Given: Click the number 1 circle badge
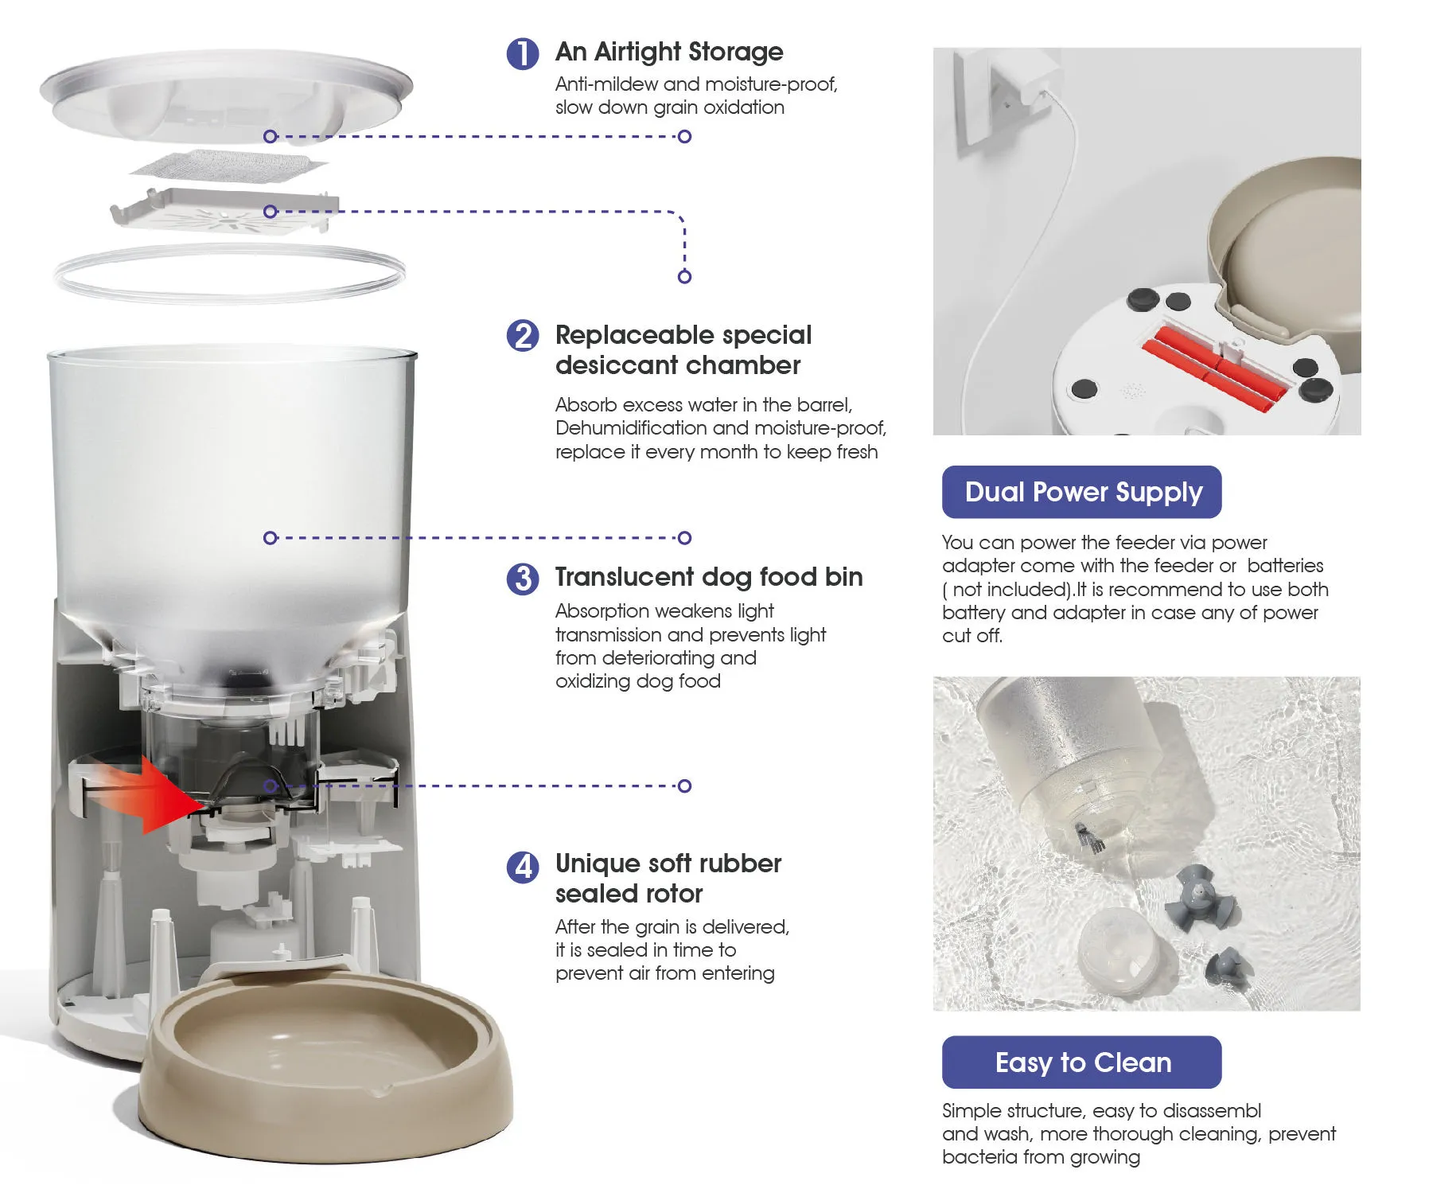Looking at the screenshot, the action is click(523, 53).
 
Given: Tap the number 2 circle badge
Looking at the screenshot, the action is click(523, 336).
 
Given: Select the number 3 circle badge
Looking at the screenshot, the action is click(523, 579).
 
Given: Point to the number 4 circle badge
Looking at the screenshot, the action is click(523, 867).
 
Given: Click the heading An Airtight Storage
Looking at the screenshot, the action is click(669, 53).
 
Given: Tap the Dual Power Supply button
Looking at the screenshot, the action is click(1081, 492).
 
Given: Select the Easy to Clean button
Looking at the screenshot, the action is click(1081, 1062).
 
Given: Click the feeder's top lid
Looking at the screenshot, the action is click(227, 96).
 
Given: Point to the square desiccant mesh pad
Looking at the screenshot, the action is click(229, 166).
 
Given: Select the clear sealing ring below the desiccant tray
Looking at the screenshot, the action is click(229, 273).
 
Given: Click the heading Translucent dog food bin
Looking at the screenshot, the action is click(709, 577).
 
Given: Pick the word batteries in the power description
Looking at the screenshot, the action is click(1285, 566).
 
